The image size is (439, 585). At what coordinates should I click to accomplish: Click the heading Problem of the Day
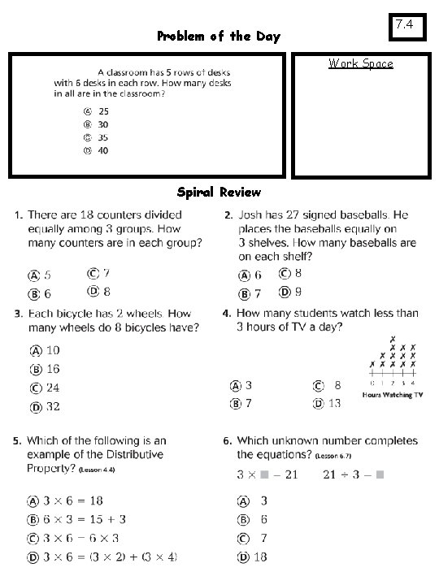point(218,36)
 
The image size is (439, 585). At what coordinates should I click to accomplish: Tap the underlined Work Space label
point(360,63)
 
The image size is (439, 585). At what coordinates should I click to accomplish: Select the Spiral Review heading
point(219,193)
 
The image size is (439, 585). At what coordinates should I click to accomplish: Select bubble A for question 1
point(36,275)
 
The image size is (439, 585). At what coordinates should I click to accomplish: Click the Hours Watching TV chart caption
point(393,395)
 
